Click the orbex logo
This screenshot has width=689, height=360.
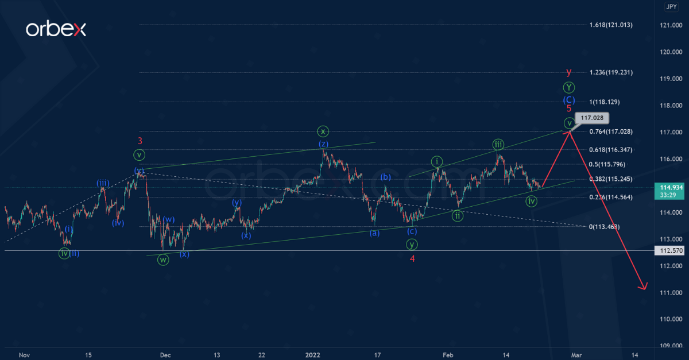56,29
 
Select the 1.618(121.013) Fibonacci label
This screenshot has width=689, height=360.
611,25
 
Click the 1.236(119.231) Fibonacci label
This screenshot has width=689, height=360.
611,72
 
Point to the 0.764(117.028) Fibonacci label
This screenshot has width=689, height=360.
611,131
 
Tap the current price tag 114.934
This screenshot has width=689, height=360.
668,187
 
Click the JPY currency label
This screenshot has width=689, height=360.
671,7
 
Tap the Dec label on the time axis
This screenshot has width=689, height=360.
165,355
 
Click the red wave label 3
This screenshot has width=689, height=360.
140,141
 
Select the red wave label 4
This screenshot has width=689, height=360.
412,258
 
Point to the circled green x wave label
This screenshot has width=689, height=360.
323,130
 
